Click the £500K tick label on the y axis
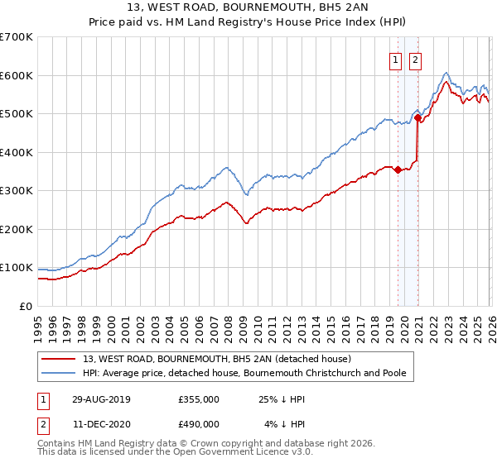coord(16,114)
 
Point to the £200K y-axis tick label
coord(16,229)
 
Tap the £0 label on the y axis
coord(25,306)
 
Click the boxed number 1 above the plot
coord(396,60)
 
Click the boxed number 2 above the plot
coord(415,60)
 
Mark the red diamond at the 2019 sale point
coord(398,170)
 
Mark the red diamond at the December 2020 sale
coord(418,118)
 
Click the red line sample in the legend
coord(59,359)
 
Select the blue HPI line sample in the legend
coord(59,373)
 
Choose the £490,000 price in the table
coord(199,423)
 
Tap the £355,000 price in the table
coord(199,399)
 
